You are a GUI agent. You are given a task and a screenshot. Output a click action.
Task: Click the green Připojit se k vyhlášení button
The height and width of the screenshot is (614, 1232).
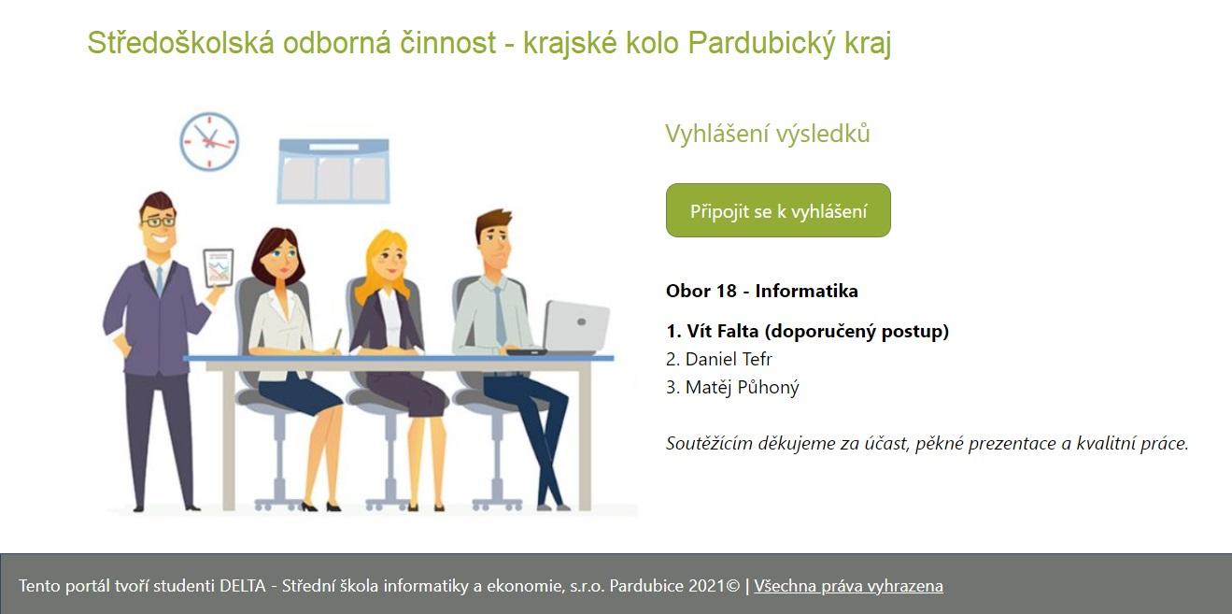point(778,210)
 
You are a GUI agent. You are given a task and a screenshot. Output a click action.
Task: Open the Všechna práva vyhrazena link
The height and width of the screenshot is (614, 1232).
point(848,586)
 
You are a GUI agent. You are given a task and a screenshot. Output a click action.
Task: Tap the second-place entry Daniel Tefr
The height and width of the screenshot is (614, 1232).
point(719,359)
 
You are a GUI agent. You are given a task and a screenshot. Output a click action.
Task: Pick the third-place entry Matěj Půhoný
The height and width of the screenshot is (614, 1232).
point(732,387)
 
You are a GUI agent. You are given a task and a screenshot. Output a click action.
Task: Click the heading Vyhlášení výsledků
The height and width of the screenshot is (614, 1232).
point(768,134)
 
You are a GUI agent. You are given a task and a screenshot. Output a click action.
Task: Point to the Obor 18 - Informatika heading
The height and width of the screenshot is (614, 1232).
point(762,291)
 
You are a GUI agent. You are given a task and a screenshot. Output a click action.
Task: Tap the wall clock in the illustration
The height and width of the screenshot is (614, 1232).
point(209,141)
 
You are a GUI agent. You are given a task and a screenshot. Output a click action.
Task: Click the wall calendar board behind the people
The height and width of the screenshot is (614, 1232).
point(333,171)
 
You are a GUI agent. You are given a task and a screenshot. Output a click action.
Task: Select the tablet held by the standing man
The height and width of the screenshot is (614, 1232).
point(219,268)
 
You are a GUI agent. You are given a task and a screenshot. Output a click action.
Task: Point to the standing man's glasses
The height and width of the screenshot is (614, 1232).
point(159,221)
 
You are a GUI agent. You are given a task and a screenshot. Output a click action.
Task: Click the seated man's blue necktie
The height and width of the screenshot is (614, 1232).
point(500,316)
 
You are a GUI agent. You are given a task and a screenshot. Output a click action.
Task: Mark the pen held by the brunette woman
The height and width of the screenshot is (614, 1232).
point(337,339)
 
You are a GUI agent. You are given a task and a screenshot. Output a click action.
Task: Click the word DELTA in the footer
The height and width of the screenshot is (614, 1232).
point(243,586)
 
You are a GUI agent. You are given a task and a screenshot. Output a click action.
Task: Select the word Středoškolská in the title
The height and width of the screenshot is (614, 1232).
point(181,43)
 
